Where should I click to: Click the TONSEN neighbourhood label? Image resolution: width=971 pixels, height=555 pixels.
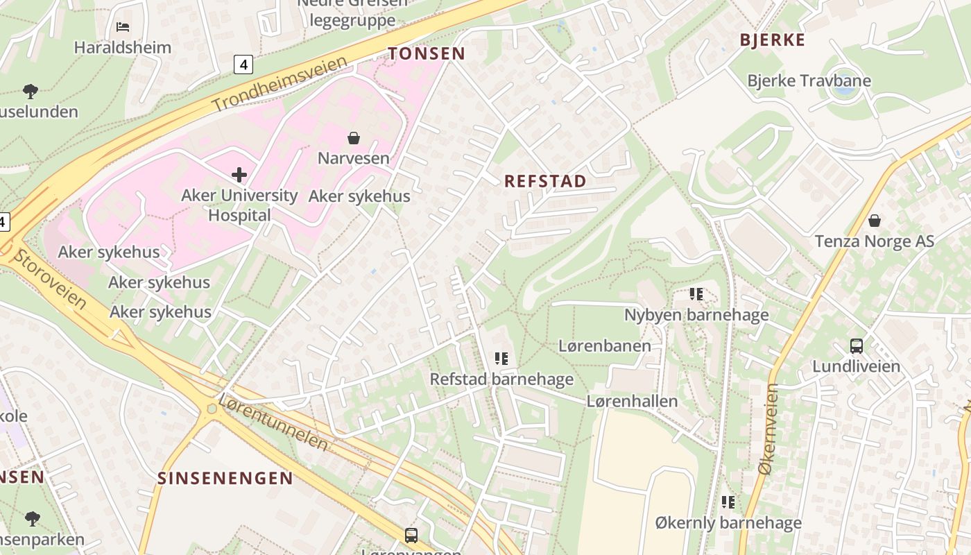(x=427, y=53)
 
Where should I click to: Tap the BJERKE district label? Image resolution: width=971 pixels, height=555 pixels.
(x=773, y=40)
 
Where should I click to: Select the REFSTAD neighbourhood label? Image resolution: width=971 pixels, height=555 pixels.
(x=545, y=181)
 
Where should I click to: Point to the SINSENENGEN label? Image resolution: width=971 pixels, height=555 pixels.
(x=225, y=478)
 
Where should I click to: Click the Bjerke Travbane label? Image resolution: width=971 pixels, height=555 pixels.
(x=809, y=80)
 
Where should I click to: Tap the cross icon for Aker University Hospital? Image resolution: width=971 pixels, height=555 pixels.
(x=239, y=174)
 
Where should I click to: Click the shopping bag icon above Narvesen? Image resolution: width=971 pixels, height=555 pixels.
(x=354, y=138)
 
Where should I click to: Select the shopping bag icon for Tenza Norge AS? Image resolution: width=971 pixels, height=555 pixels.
(x=875, y=221)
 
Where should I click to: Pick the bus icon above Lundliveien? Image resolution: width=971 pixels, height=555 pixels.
(x=857, y=345)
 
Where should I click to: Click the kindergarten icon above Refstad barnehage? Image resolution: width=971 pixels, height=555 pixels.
(x=501, y=359)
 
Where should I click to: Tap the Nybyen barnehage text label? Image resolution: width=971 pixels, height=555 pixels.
(x=696, y=315)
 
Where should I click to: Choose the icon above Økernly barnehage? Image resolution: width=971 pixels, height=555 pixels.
(x=728, y=502)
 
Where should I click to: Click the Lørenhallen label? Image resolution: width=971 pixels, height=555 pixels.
(x=632, y=401)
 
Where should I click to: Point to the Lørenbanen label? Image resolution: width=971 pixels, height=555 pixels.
(x=605, y=345)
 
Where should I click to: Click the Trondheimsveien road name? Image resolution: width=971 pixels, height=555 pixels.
(x=279, y=85)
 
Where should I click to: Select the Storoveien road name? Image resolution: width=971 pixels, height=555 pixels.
(x=51, y=280)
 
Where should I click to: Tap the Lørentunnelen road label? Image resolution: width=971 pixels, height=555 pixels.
(x=273, y=422)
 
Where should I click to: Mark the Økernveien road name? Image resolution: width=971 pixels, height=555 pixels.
(x=768, y=429)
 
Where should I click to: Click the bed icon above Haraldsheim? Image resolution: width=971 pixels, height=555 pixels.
(x=123, y=27)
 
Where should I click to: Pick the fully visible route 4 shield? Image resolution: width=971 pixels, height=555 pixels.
(x=243, y=65)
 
